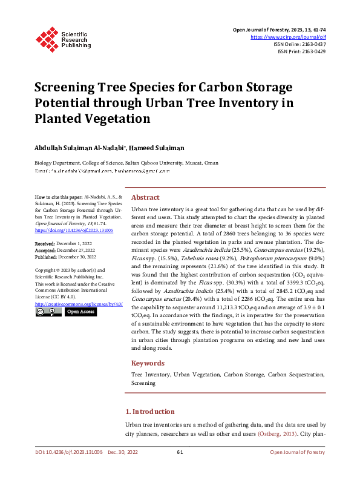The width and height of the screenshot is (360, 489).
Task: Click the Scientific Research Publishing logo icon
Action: coord(45,38)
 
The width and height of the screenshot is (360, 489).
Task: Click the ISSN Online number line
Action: coord(299,44)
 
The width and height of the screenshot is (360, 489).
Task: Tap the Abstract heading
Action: coord(146,197)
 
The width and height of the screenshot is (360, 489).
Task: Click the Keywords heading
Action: coord(148,363)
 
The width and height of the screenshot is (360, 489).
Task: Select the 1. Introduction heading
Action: coord(154,412)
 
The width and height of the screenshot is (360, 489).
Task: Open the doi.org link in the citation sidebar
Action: coord(74,231)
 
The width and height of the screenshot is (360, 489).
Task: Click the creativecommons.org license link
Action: coord(79,304)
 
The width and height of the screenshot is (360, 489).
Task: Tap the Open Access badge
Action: coord(80,312)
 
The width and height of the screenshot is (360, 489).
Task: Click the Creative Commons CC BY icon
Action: coord(48,312)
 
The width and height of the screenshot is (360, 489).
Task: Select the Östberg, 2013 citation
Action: coord(277,434)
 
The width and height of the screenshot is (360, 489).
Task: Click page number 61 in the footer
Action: coord(180,452)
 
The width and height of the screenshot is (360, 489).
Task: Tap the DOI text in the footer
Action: coord(67,452)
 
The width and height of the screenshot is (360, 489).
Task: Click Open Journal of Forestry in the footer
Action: coord(298,452)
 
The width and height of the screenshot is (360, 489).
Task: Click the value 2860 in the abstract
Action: coord(221,232)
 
